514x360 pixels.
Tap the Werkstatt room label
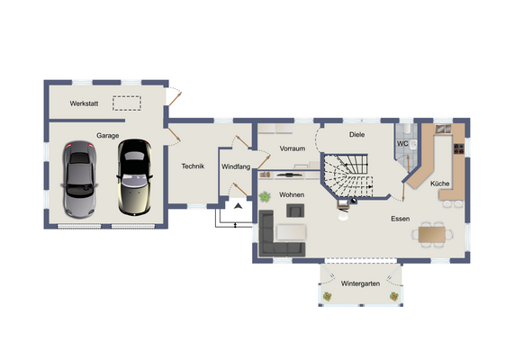point(85,103)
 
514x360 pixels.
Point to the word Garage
point(108,135)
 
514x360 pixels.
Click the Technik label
point(194,166)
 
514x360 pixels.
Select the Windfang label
point(235,166)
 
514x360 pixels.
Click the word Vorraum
point(293,148)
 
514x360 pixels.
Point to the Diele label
point(356,134)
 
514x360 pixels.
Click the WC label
point(403,143)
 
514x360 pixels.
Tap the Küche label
point(440,184)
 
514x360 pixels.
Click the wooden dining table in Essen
point(433,234)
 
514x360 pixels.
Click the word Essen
point(400,219)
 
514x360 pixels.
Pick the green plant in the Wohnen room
point(266,196)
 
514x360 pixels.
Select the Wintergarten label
point(359,283)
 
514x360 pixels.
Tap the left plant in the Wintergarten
point(326,295)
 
